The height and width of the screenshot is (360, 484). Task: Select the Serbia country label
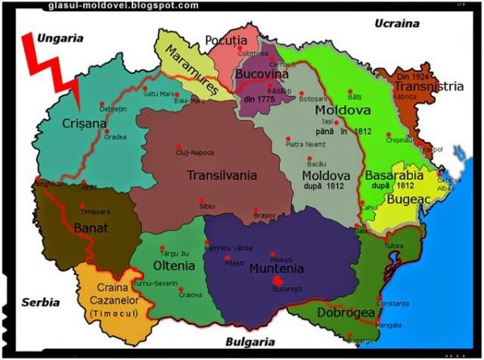(x=40, y=302)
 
